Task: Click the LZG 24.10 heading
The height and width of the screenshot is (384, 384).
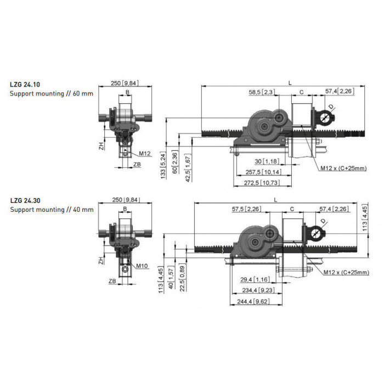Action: [25, 84]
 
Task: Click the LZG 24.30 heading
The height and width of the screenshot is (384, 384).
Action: [25, 201]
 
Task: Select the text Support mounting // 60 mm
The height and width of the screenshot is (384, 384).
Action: [52, 94]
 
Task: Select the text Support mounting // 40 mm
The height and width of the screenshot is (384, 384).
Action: [52, 210]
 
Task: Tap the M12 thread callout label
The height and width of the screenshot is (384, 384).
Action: [145, 154]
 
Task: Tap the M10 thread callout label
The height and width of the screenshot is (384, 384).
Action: [142, 266]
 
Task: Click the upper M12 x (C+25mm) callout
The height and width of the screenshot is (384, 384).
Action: [343, 168]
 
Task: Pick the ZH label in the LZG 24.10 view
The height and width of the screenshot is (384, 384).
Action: [101, 146]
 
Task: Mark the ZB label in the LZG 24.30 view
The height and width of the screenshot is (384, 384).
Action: [112, 281]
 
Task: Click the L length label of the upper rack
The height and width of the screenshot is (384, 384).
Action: [290, 83]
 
